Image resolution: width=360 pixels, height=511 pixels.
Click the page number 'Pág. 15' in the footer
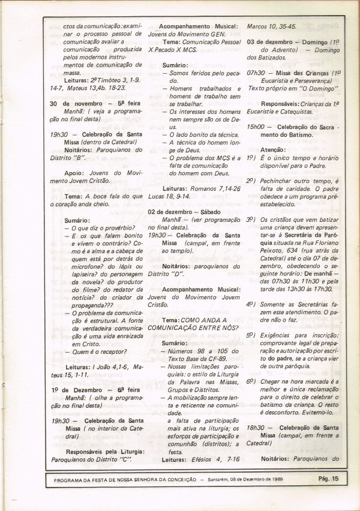point(328,478)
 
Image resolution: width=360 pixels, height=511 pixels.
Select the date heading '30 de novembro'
point(77,103)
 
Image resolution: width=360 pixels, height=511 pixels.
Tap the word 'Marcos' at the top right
point(259,27)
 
